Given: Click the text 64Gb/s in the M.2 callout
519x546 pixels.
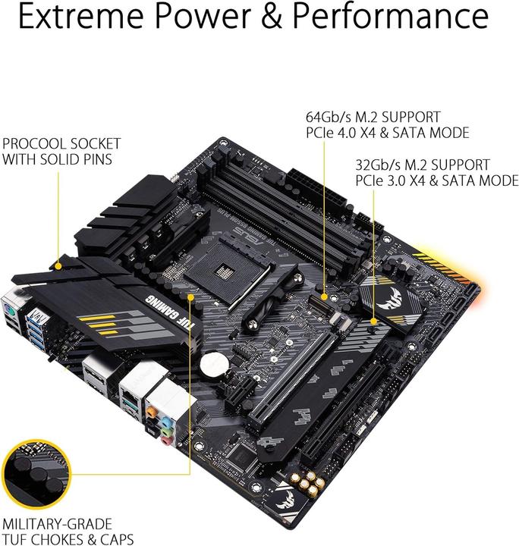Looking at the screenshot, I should (329, 118).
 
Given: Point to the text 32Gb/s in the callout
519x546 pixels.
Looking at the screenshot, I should (379, 165).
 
